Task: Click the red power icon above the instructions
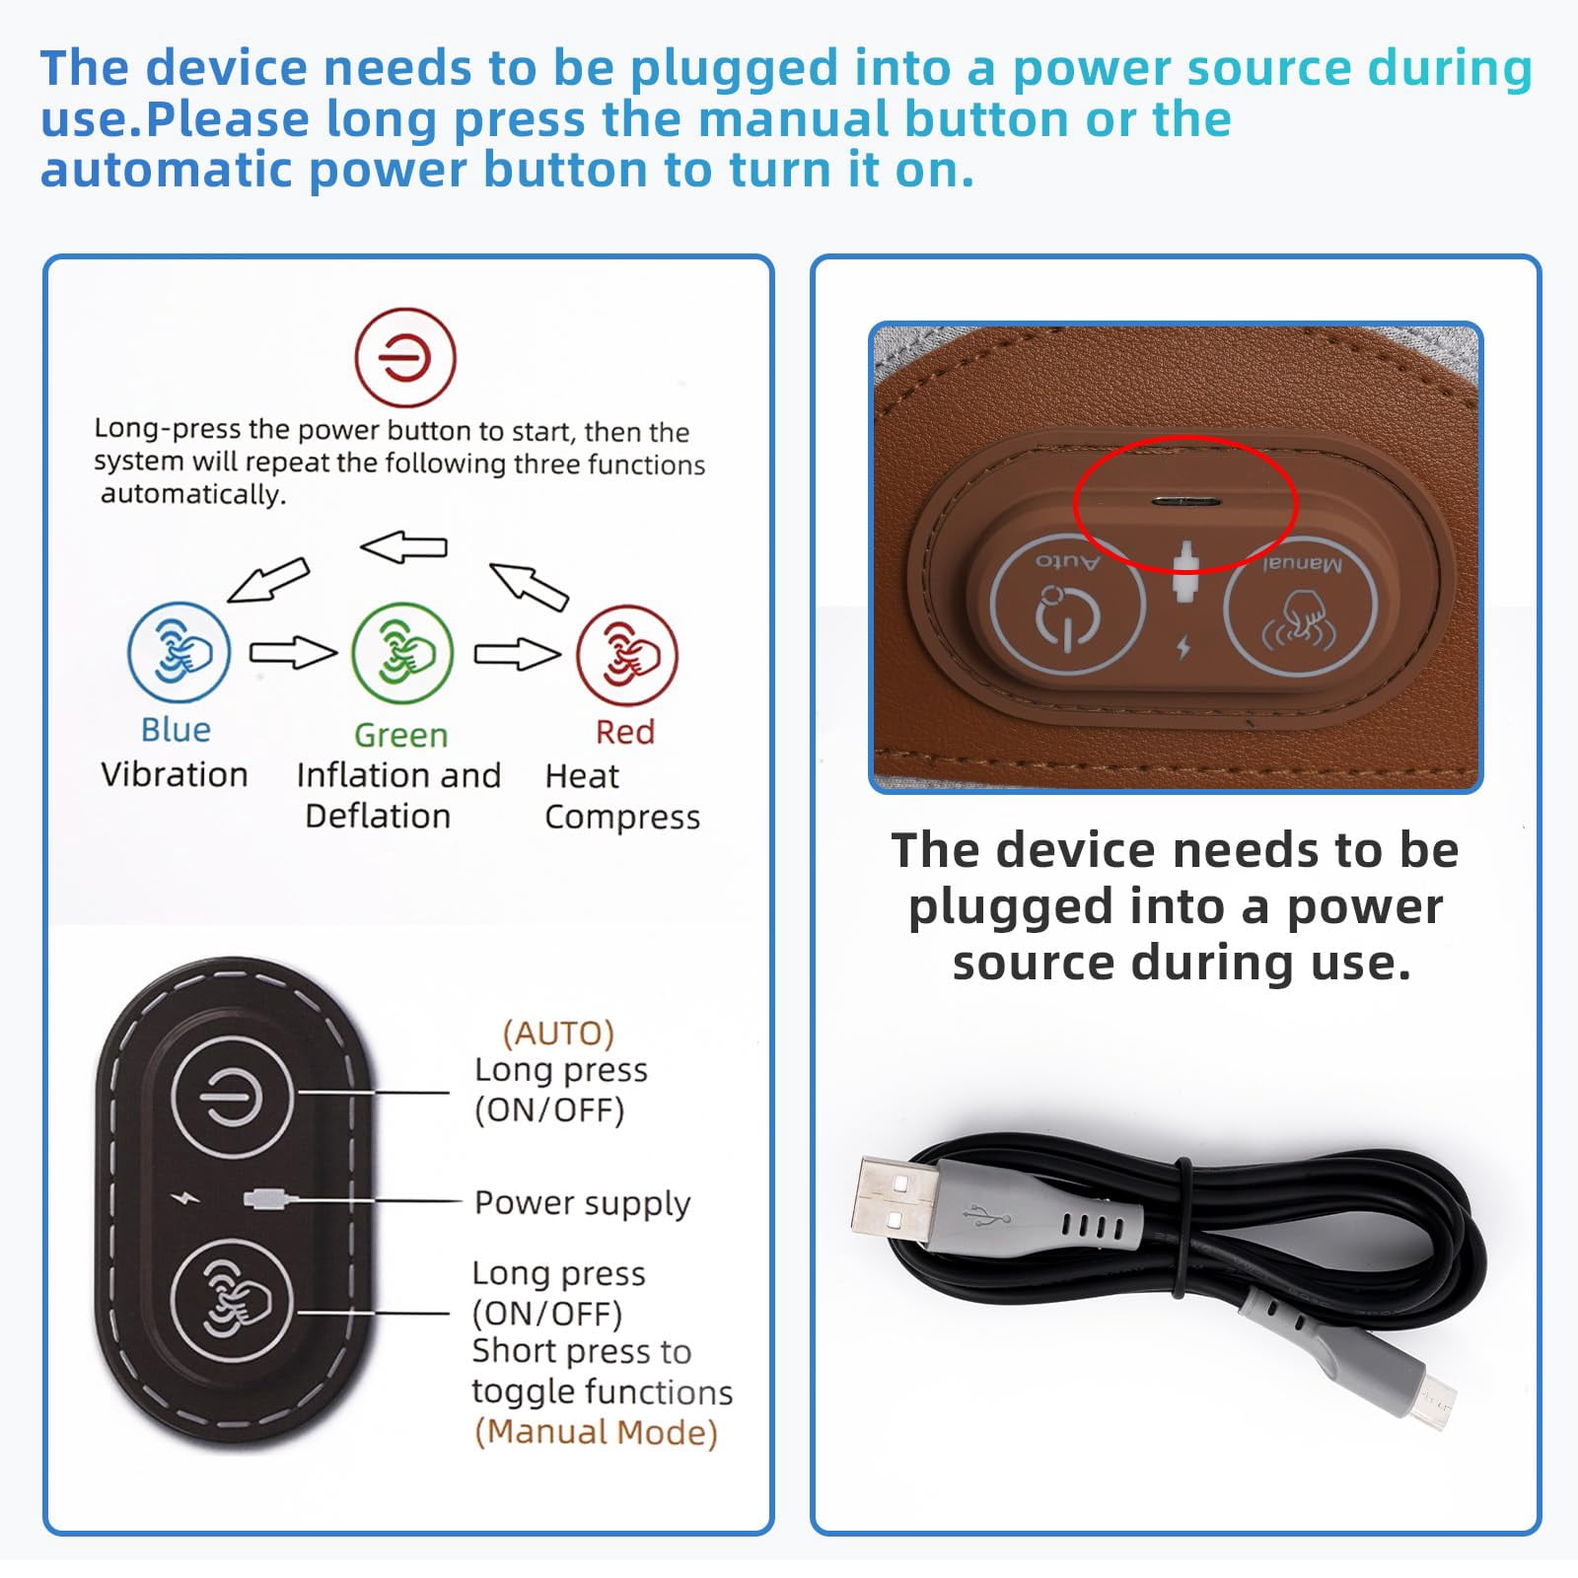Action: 405,357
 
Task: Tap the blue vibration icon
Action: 179,653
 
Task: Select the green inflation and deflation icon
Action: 402,654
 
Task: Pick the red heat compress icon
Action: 627,655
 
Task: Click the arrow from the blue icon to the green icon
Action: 293,653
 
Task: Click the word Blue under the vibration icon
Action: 176,730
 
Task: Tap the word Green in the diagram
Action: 400,735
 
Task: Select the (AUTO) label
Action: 558,1033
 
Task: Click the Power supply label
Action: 582,1203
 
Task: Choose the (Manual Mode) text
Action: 596,1432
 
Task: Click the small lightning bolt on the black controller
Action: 184,1198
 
